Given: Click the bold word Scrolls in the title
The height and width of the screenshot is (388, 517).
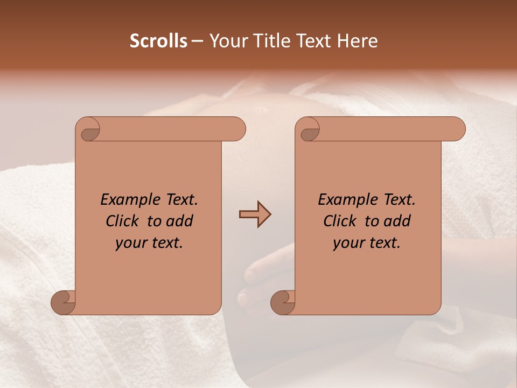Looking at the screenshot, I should pyautogui.click(x=158, y=41).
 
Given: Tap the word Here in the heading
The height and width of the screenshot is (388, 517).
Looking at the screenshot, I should pyautogui.click(x=357, y=41).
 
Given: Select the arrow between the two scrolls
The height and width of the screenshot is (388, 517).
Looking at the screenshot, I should pyautogui.click(x=255, y=214).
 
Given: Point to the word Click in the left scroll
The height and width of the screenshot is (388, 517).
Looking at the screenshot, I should pyautogui.click(x=124, y=221).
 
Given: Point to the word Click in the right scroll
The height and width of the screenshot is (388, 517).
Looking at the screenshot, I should pyautogui.click(x=341, y=221).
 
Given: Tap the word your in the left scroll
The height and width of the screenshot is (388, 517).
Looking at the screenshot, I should pyautogui.click(x=131, y=243).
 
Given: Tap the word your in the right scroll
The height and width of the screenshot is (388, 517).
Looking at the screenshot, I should pyautogui.click(x=348, y=243).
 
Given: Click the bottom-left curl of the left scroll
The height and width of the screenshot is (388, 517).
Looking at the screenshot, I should pyautogui.click(x=64, y=302).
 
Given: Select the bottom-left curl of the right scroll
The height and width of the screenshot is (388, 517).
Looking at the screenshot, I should pyautogui.click(x=283, y=302).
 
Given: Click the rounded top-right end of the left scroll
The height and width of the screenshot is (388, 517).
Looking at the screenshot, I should pyautogui.click(x=237, y=129).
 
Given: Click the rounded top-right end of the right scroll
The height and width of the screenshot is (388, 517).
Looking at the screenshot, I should pyautogui.click(x=457, y=129).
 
